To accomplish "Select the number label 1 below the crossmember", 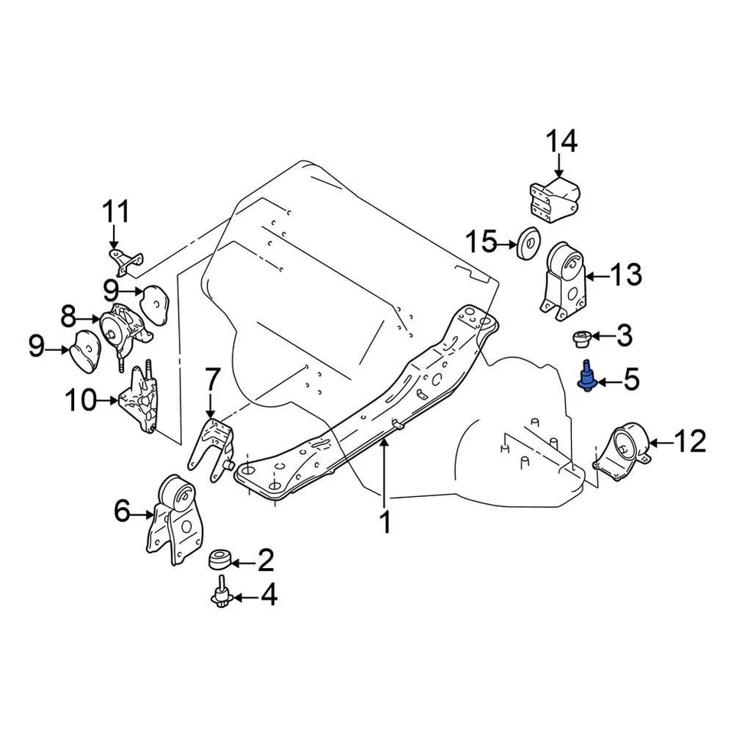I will coord(385,523).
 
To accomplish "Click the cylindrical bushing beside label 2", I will coord(220,560).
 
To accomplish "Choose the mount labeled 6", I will coord(175,520).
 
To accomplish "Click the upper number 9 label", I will coord(113,291).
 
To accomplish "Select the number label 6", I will coord(122,512).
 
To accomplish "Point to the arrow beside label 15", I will coord(506,244).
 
